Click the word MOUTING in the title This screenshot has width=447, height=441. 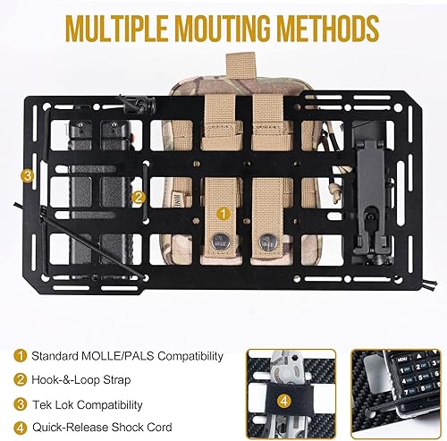point(209,28)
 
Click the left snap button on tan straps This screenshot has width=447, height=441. point(220,241)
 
